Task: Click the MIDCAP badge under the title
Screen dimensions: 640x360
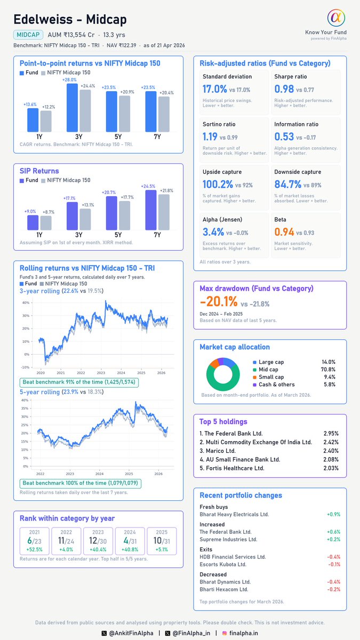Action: click(x=28, y=35)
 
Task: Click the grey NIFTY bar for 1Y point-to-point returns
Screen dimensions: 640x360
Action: click(x=46, y=121)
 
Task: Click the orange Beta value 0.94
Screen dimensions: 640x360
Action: click(x=283, y=232)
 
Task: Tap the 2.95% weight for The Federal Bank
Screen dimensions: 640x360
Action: click(x=331, y=434)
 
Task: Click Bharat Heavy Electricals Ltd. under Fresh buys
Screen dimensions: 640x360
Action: click(x=234, y=514)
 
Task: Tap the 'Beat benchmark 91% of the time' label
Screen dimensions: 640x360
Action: click(x=79, y=382)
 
